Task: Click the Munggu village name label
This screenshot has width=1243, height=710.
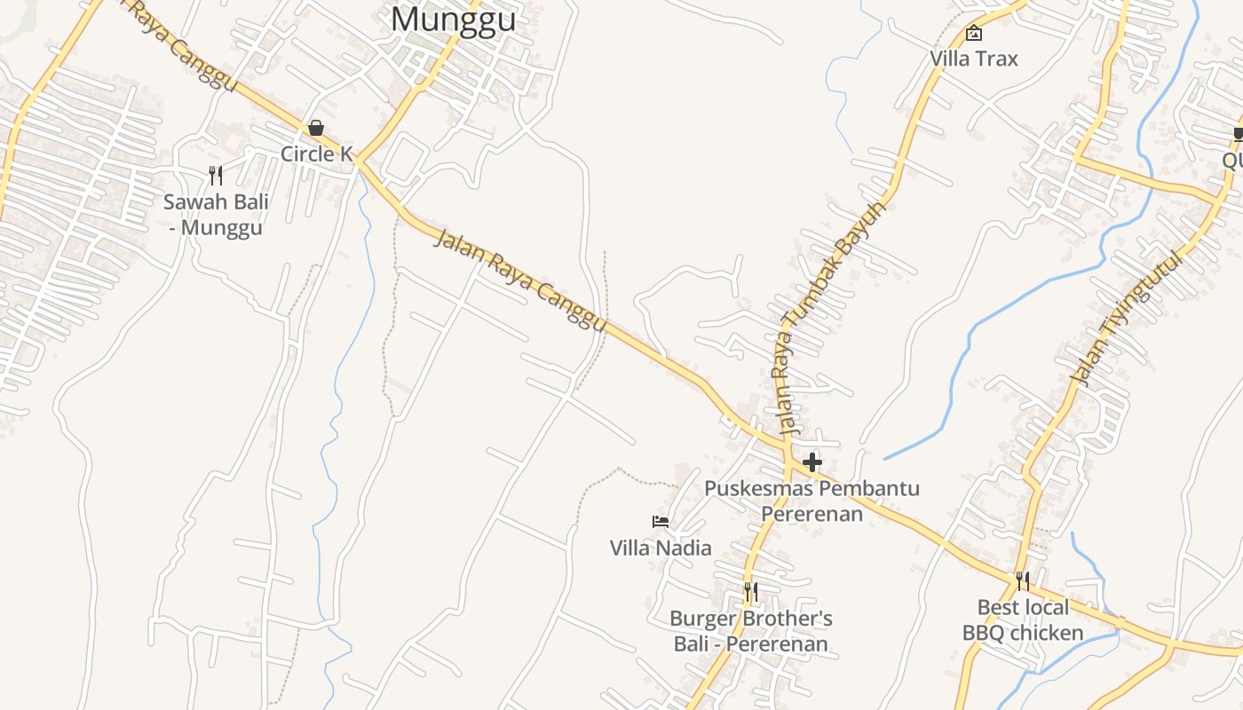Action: click(453, 19)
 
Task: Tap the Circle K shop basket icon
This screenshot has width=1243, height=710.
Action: click(316, 129)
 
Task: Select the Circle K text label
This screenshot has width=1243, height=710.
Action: click(316, 154)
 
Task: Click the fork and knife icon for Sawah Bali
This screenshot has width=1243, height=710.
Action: click(215, 175)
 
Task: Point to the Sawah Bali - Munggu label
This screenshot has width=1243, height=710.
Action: click(216, 215)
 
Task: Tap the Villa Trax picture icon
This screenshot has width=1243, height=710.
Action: click(974, 34)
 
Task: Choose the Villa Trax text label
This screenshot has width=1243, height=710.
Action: click(974, 59)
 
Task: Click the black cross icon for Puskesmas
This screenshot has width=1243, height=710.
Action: click(812, 462)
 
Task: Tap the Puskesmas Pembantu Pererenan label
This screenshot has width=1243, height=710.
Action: click(812, 501)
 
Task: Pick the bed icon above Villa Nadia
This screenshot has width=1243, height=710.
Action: click(661, 522)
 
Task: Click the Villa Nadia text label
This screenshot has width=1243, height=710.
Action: click(661, 548)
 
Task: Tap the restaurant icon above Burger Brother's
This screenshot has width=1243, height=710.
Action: click(751, 591)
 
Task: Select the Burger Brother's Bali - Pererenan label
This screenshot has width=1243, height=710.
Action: click(751, 631)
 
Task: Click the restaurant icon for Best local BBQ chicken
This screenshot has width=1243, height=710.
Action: click(1023, 581)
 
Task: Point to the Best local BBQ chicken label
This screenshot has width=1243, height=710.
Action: click(1023, 620)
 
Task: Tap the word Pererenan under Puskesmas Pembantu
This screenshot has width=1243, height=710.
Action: click(812, 513)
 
